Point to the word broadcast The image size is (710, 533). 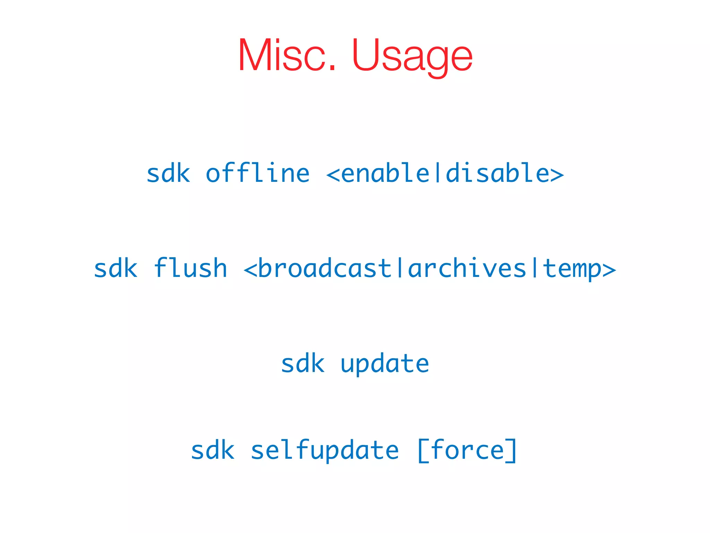point(324,268)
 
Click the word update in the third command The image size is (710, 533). point(385,364)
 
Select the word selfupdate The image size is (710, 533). point(324,450)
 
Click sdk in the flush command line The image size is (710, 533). point(116,268)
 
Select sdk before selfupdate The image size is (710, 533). point(213,450)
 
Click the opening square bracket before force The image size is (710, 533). point(423,450)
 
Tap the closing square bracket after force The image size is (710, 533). point(512,450)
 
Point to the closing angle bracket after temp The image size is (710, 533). point(609,269)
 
